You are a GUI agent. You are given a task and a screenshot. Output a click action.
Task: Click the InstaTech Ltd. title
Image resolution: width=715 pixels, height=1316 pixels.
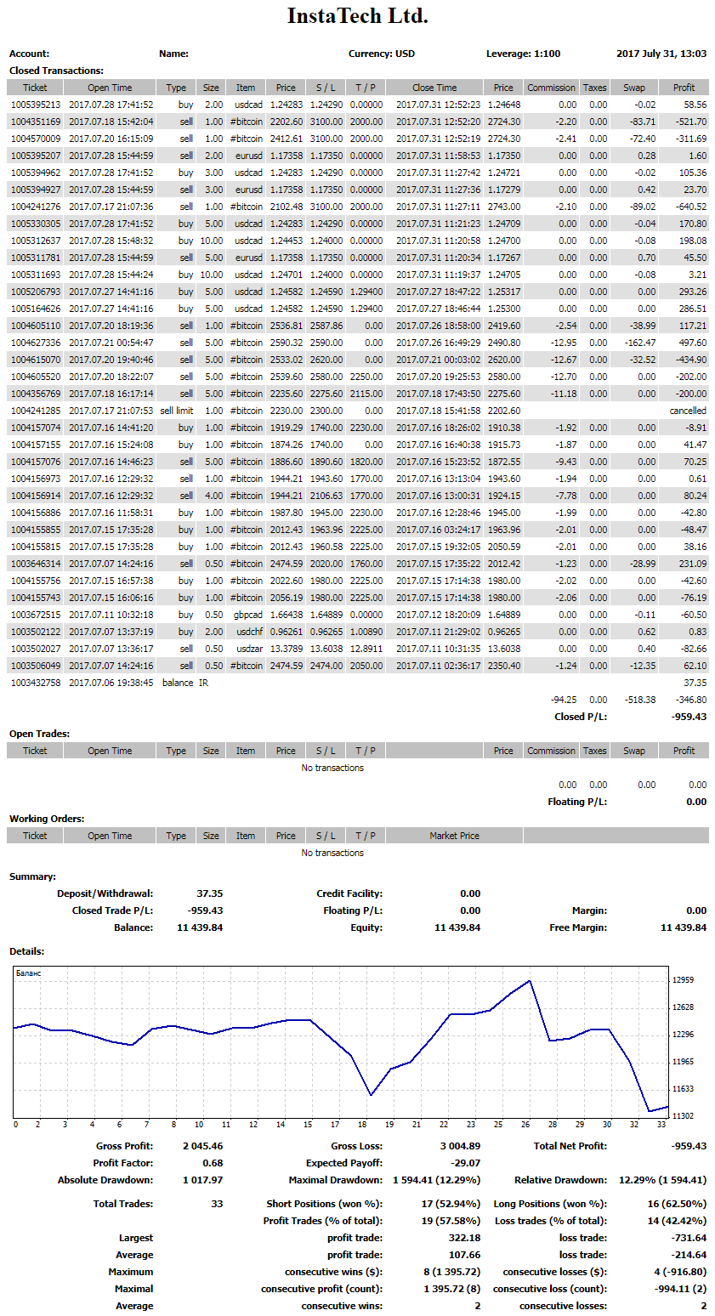(x=357, y=16)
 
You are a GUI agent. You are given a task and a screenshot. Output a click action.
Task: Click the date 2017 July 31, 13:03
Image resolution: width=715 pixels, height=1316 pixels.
(x=661, y=54)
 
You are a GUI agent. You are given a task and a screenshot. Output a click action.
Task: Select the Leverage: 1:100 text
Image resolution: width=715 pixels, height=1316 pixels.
(x=523, y=54)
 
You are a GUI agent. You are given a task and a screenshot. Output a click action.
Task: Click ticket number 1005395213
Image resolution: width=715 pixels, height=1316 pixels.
(x=35, y=105)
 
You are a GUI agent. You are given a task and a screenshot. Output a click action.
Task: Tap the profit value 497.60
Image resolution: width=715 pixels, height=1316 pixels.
(x=689, y=343)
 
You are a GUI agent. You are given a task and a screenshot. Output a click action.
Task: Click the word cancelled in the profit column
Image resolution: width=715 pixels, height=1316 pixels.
(x=688, y=411)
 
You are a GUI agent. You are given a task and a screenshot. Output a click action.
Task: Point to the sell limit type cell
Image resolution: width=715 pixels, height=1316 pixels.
(x=176, y=411)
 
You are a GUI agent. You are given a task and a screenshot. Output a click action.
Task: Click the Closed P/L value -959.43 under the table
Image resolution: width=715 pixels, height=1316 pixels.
(x=689, y=717)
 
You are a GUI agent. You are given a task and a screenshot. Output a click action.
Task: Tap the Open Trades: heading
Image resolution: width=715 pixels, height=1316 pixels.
(x=39, y=734)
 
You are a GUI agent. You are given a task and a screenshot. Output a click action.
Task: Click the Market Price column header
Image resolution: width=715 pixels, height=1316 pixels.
(x=454, y=836)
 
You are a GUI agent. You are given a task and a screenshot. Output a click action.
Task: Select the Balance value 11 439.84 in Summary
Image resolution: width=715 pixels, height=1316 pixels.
(x=200, y=927)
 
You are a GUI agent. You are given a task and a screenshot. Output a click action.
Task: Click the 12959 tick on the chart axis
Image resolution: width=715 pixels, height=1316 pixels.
(x=682, y=980)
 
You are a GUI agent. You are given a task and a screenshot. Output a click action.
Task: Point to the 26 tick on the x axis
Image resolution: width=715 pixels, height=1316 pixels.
(x=526, y=1124)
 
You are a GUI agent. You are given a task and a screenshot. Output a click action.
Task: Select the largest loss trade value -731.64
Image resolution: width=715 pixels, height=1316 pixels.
(x=688, y=1238)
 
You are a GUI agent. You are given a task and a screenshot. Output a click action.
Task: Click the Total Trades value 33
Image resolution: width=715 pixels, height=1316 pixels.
(x=217, y=1204)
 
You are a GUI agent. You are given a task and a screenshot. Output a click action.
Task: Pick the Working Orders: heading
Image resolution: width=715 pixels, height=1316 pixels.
(x=47, y=819)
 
